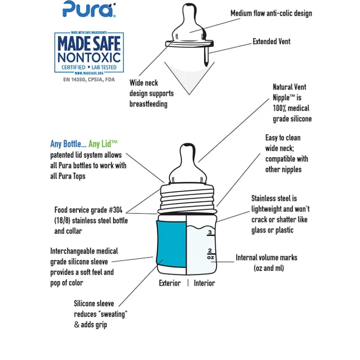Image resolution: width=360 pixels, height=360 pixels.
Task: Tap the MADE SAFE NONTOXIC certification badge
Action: pos(89,53)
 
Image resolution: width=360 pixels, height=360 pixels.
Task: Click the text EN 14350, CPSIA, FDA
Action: pos(89,80)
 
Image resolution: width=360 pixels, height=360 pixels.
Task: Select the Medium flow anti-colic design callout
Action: pos(271,13)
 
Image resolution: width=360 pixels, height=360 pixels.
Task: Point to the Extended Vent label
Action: pos(271,42)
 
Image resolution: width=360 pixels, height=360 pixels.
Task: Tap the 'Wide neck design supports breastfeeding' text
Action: pos(151,93)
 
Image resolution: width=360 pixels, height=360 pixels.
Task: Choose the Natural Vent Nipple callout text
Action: pos(292,103)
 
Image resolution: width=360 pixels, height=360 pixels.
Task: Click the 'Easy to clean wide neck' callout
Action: pos(286,153)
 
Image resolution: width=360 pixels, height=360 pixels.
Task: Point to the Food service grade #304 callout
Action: pos(91,220)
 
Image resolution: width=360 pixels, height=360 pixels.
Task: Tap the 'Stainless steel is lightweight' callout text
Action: pos(280,214)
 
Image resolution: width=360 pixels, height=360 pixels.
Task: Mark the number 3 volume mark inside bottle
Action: pos(210,233)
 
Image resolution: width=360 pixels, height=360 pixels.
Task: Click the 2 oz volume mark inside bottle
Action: pos(210,253)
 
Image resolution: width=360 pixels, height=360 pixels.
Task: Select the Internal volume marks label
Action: pos(266,263)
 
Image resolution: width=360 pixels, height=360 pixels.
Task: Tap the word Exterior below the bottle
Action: pos(170,283)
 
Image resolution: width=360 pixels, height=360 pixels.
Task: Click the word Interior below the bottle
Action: pos(204,283)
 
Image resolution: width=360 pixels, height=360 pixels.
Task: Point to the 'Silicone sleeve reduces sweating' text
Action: pos(100,314)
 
